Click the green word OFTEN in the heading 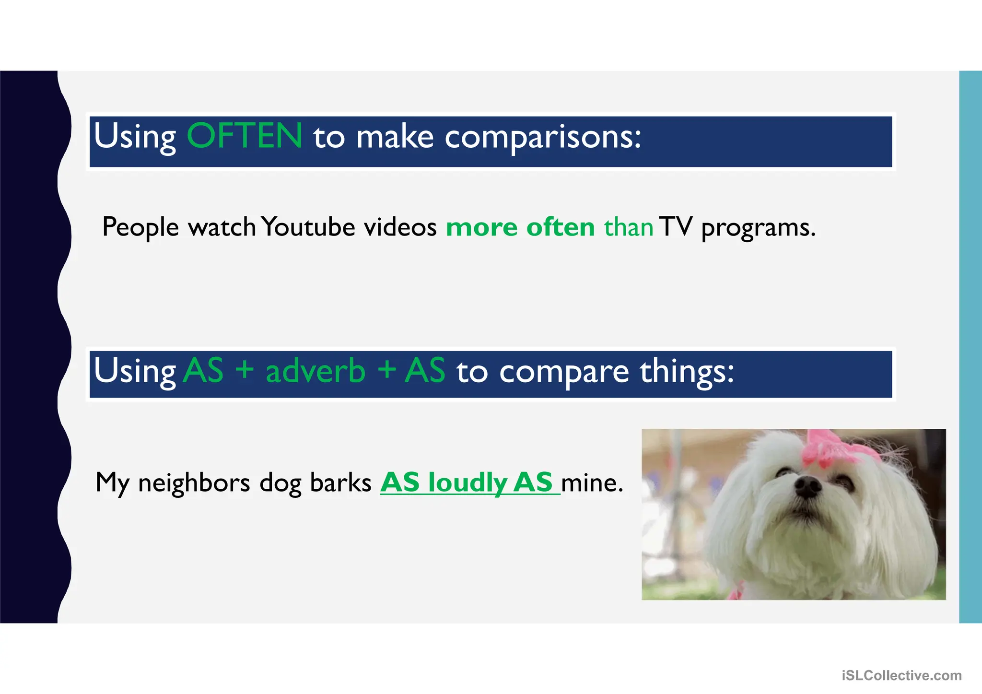coord(244,136)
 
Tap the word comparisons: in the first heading coord(543,138)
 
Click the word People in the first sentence coord(140,227)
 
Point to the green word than coord(628,227)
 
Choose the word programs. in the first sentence coord(758,228)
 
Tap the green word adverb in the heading coord(316,371)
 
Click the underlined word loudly coord(468,482)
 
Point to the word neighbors coord(194,482)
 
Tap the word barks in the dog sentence coord(340,482)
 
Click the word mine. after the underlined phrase coord(592,482)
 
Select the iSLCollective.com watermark coord(901,676)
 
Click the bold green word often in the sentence coord(560,227)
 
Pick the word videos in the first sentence coord(400,227)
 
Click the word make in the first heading coord(395,137)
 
